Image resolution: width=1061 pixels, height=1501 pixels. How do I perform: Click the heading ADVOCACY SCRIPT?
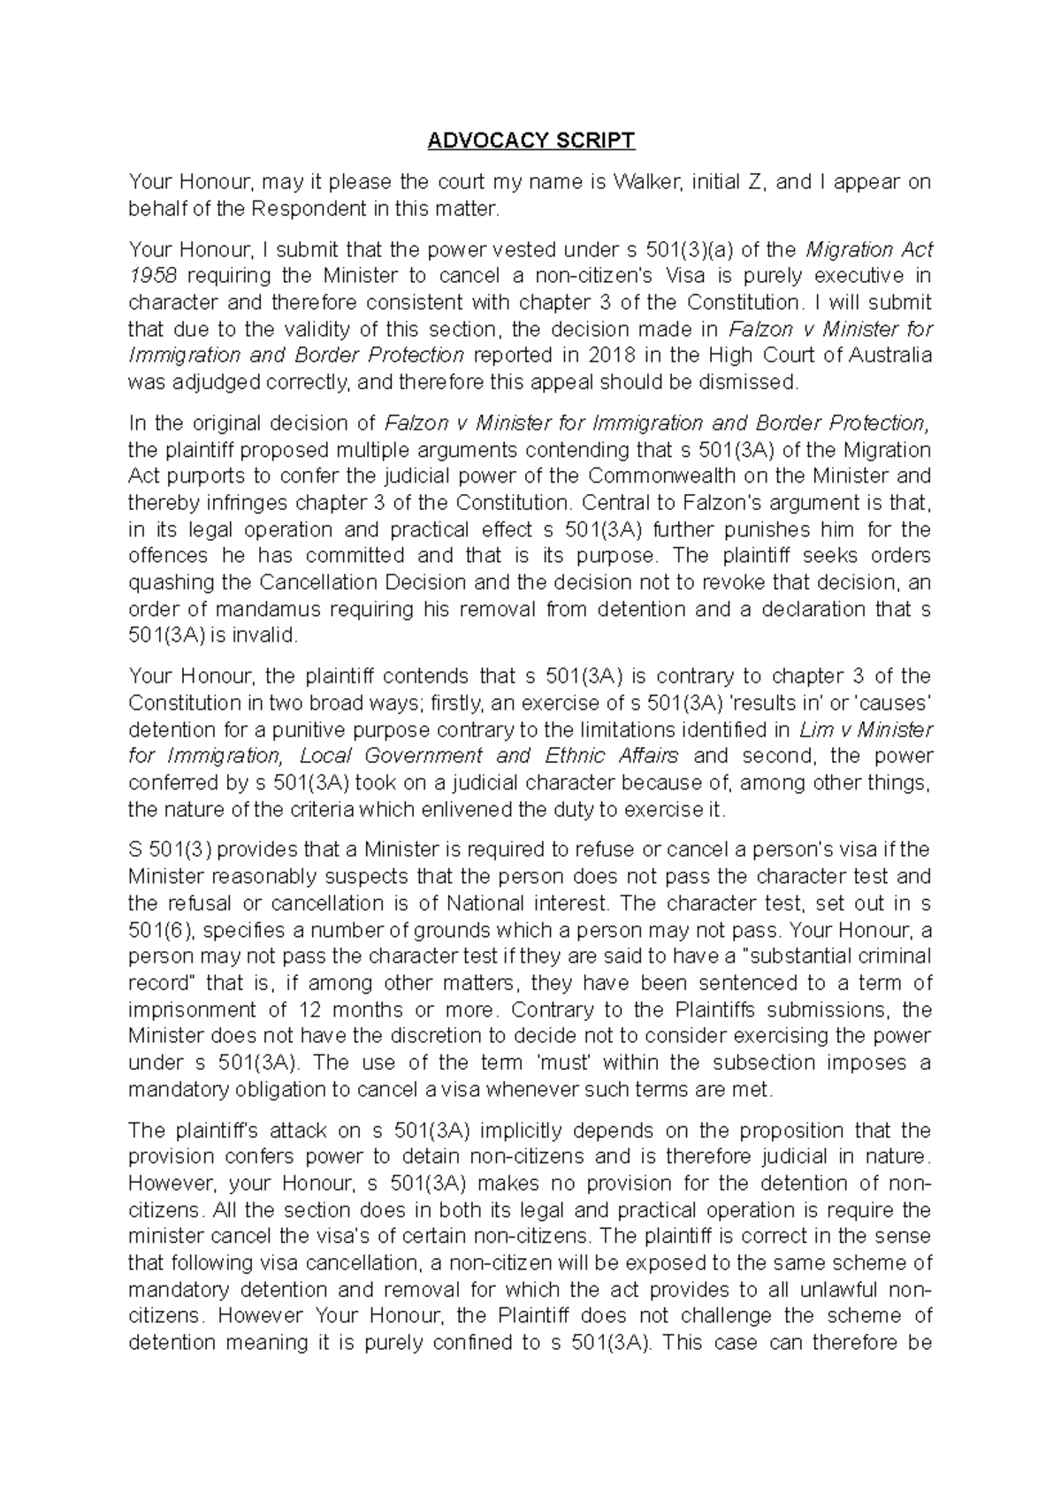pyautogui.click(x=530, y=141)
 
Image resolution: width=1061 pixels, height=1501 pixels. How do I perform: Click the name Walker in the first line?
pyautogui.click(x=646, y=182)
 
